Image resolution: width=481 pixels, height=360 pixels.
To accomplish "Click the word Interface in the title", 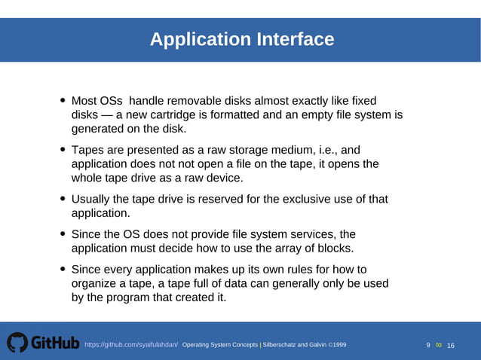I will pyautogui.click(x=293, y=39).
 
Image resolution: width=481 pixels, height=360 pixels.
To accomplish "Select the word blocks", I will pyautogui.click(x=335, y=249).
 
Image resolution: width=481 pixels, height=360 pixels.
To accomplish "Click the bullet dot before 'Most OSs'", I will pyautogui.click(x=63, y=101).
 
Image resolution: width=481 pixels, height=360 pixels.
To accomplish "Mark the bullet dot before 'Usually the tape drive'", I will pyautogui.click(x=63, y=199).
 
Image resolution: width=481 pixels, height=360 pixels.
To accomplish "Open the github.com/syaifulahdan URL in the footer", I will pyautogui.click(x=131, y=345).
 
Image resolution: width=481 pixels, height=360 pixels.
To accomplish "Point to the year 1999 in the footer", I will pyautogui.click(x=338, y=345).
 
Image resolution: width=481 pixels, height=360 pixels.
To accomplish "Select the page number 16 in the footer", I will pyautogui.click(x=451, y=345).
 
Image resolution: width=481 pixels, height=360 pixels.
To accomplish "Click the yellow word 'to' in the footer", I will pyautogui.click(x=439, y=345).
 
